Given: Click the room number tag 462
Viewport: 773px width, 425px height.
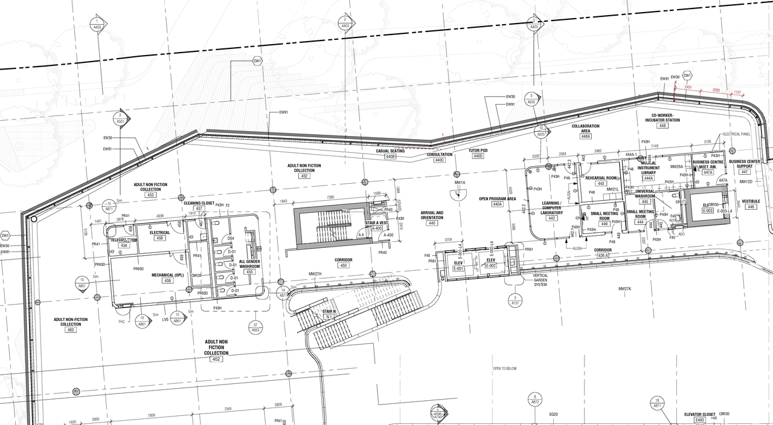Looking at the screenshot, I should [217, 359].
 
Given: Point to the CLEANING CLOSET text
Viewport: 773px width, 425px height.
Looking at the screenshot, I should [199, 203].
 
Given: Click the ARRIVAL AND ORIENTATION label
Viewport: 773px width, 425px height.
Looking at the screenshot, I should [431, 215].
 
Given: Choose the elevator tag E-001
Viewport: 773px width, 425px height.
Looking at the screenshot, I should [458, 268].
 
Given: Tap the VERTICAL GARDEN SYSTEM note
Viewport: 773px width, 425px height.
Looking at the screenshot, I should [540, 279].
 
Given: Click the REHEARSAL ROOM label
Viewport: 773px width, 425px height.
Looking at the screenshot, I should [601, 178].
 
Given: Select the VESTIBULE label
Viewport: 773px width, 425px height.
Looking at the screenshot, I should [751, 201].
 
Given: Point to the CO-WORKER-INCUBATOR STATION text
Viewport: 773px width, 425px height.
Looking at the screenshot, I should [662, 117].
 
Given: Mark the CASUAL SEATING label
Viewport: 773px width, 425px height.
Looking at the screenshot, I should [390, 151].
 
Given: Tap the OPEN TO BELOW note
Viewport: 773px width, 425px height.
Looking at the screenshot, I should [504, 368].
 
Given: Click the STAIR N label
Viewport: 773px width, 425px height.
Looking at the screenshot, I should [330, 311].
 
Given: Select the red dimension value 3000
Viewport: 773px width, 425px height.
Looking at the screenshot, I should [716, 89].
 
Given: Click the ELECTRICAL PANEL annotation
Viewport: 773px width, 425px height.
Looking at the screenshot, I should [736, 134].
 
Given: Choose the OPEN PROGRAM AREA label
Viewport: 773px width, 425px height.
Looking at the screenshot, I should [498, 198].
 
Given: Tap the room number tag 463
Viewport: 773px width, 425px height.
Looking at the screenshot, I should [71, 329].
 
